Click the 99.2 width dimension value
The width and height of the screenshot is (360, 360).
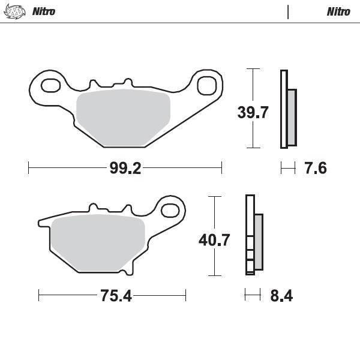pos(125,169)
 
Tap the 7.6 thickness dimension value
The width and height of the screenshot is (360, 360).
pos(315,169)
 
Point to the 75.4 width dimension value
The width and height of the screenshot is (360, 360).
pos(112,296)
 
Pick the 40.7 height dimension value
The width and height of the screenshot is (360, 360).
pos(214,240)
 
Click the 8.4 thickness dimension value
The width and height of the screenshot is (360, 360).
pos(281,296)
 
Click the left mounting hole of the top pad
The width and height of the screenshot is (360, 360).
pos(50,85)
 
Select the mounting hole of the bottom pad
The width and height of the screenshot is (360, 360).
pos(170,210)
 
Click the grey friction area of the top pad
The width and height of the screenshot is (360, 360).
pos(124,118)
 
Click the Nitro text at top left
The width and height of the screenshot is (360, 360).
pos(43,11)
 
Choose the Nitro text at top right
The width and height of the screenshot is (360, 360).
pos(338,11)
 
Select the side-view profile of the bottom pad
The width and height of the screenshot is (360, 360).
pos(253,235)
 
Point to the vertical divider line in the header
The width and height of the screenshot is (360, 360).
pos(289,11)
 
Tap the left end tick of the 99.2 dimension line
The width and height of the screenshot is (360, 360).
pos(29,169)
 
